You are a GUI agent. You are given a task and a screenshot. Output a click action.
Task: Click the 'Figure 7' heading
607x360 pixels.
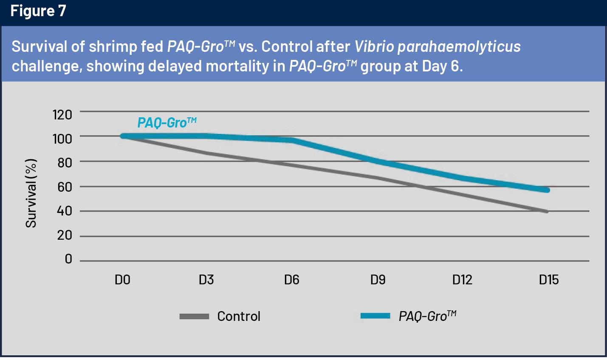point(38,11)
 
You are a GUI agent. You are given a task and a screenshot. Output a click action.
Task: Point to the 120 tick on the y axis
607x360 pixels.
point(62,114)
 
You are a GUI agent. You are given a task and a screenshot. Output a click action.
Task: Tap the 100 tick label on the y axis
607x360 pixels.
point(62,139)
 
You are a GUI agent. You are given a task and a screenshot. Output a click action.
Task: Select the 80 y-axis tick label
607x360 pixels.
point(65,163)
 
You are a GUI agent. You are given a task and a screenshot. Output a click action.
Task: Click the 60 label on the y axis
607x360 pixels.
point(65,187)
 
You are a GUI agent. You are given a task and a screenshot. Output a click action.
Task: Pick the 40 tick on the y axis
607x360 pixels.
point(65,211)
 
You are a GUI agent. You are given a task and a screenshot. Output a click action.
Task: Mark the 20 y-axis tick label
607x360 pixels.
point(65,235)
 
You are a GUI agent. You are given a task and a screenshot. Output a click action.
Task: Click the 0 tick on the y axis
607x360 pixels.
point(68,259)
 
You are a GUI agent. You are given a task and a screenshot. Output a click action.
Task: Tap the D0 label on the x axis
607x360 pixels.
point(122,280)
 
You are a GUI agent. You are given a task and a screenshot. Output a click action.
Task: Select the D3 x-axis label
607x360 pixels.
point(206,280)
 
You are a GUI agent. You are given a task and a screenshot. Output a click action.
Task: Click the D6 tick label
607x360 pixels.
point(292,280)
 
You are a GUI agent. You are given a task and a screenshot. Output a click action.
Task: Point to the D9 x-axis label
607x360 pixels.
point(378,280)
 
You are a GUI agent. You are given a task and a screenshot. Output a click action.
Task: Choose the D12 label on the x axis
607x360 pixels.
point(462,280)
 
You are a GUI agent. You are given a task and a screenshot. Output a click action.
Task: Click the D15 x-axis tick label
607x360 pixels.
point(549,280)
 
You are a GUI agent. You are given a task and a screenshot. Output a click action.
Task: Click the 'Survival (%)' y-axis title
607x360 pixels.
point(31,193)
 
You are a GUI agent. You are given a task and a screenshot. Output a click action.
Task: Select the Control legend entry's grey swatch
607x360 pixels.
point(194,316)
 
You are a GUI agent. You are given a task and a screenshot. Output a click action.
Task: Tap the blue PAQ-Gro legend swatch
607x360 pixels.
point(375,316)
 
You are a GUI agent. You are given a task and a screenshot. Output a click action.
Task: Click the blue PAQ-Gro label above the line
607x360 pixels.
point(167,123)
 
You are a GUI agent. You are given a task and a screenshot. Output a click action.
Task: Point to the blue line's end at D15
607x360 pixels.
point(548,190)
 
